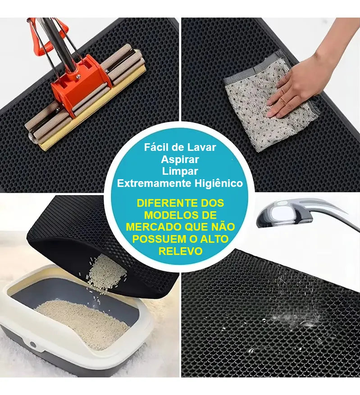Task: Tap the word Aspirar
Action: [180, 159]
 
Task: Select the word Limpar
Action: [180, 171]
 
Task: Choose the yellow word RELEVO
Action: [180, 251]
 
